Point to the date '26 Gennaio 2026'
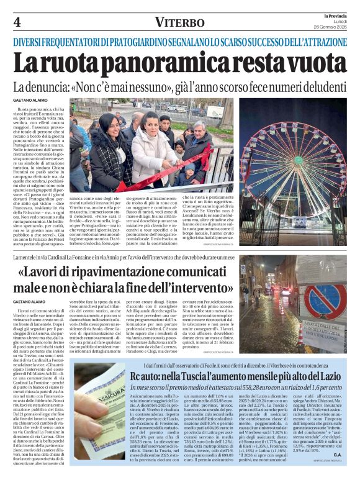[x=330, y=27]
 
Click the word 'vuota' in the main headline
[x=304, y=64]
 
